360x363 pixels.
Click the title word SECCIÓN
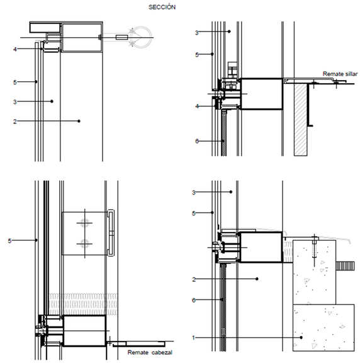(162, 7)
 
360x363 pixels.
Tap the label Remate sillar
(340, 74)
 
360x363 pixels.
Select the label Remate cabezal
(150, 352)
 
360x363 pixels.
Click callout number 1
(193, 338)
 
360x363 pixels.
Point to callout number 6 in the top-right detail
(197, 141)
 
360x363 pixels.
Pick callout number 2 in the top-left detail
(15, 121)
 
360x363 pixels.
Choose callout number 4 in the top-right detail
(197, 107)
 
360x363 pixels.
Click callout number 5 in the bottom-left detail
(9, 241)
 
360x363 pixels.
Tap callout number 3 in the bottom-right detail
(194, 192)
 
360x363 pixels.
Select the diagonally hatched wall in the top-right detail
(300, 120)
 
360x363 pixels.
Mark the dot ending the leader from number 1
(301, 338)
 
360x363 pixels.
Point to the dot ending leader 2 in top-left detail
(79, 121)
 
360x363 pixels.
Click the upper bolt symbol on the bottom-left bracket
(84, 223)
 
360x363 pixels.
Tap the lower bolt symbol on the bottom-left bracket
(84, 243)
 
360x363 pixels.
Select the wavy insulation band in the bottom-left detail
(83, 304)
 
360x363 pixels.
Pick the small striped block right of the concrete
(345, 266)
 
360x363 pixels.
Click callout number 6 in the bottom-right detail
(194, 300)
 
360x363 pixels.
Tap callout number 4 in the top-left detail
(15, 49)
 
